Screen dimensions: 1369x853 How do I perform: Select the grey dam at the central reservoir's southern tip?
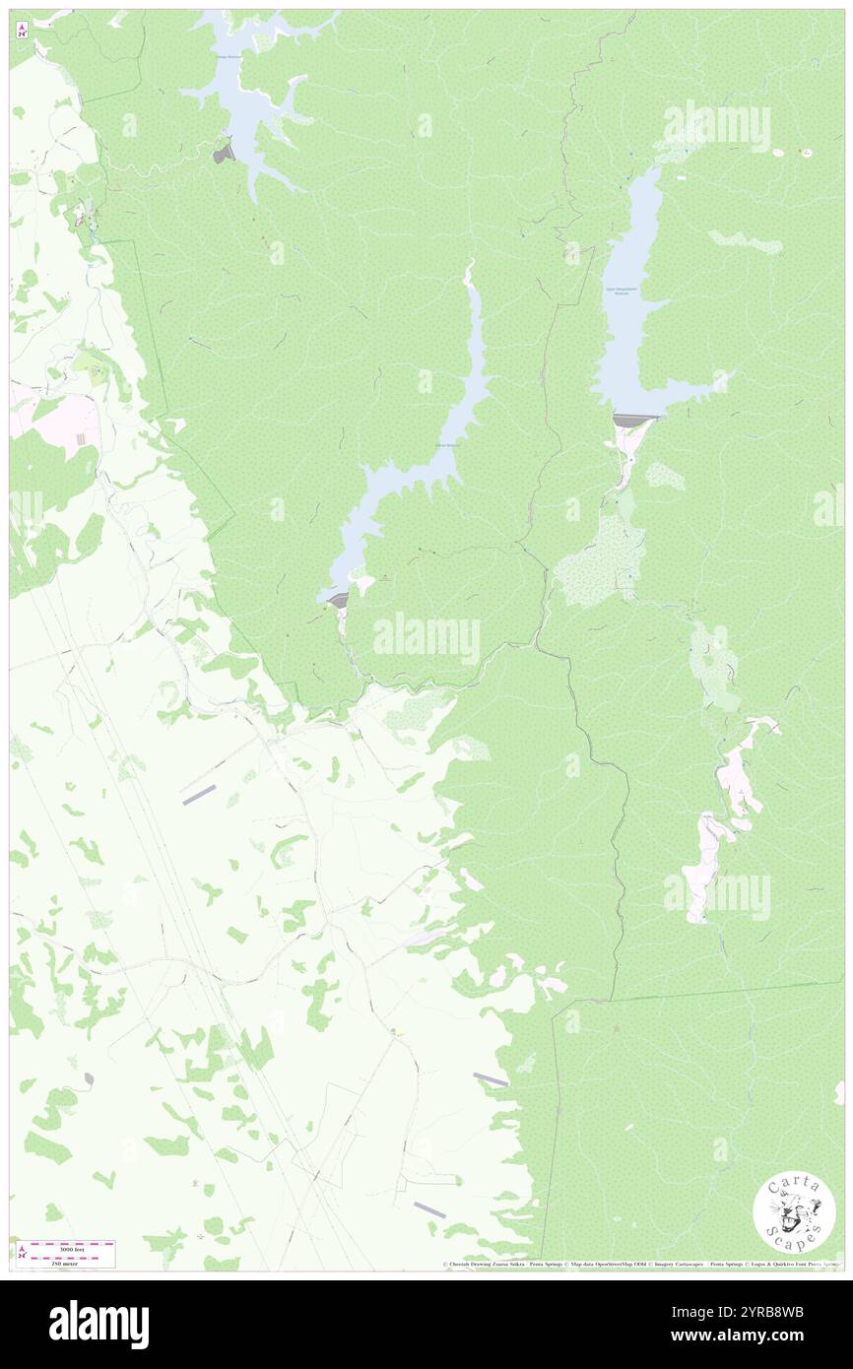pos(338,599)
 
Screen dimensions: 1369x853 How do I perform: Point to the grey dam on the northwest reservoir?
pos(225,154)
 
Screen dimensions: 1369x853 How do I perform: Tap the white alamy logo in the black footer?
pos(98,1325)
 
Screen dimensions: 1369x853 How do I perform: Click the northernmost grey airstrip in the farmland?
pos(199,794)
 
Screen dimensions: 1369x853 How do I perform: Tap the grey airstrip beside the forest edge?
pos(491,1079)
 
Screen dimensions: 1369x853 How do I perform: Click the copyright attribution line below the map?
pos(640,1265)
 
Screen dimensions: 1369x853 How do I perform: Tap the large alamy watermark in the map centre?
pos(426,638)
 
